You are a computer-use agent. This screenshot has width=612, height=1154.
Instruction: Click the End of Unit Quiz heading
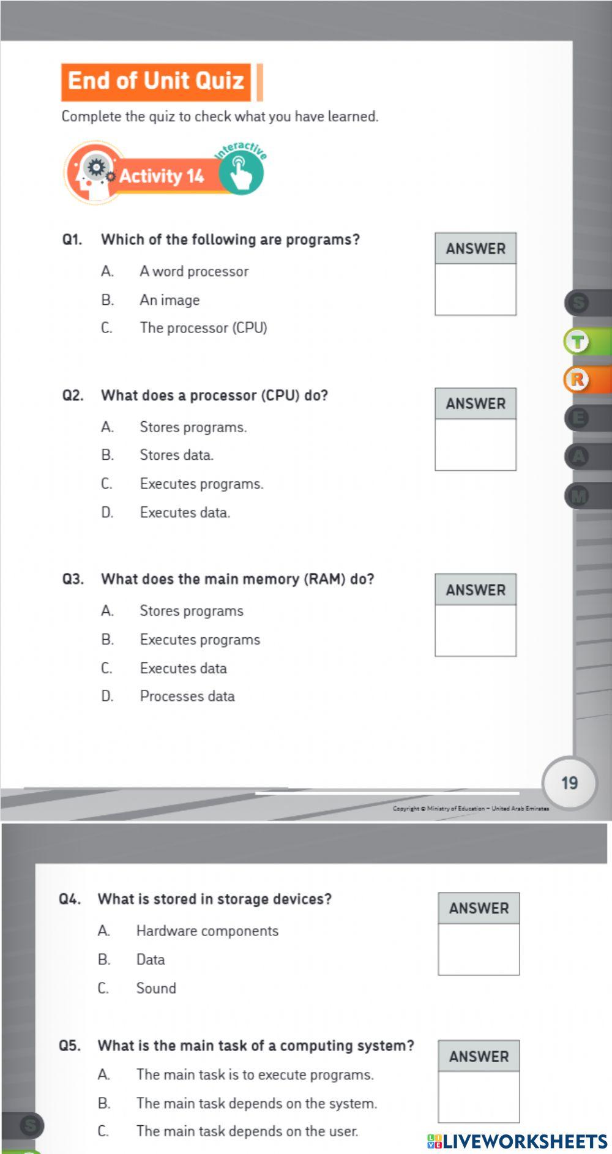[156, 81]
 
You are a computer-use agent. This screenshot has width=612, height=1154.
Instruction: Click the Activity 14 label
[162, 177]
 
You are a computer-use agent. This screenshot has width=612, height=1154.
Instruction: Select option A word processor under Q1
[194, 271]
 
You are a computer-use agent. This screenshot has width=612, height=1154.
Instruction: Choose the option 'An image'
[170, 300]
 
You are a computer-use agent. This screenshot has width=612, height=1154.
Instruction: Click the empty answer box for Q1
[476, 289]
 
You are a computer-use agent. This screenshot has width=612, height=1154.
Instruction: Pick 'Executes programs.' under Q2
[201, 484]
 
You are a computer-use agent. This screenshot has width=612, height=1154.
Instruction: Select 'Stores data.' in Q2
[176, 455]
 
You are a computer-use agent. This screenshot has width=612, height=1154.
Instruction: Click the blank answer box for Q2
[476, 444]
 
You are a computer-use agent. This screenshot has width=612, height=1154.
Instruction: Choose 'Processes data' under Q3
[187, 696]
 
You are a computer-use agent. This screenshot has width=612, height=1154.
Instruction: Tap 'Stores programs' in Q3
[192, 611]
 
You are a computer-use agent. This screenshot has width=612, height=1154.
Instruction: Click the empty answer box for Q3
[476, 630]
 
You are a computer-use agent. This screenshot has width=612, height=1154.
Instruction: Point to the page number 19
[569, 783]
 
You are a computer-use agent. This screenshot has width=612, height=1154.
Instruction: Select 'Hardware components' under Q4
[207, 931]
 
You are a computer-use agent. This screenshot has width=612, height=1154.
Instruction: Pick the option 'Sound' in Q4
[156, 988]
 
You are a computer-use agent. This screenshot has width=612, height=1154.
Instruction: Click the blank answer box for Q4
[479, 949]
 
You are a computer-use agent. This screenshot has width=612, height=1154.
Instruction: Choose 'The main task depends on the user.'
[247, 1131]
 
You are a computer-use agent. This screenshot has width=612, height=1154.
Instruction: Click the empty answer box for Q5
[479, 1096]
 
